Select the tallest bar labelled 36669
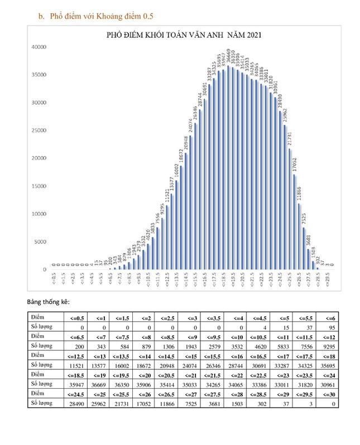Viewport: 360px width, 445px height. (x=228, y=167)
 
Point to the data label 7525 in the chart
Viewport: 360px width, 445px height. (x=304, y=218)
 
